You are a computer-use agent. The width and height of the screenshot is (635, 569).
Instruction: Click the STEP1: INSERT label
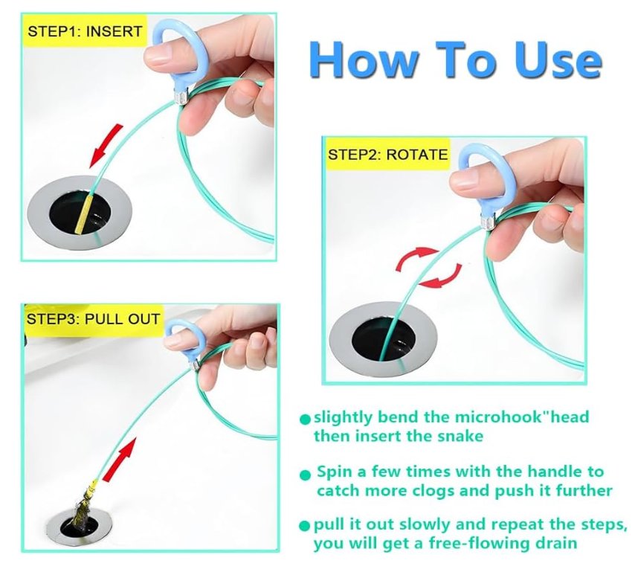point(85,31)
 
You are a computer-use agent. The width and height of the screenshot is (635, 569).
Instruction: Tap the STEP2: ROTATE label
point(387,154)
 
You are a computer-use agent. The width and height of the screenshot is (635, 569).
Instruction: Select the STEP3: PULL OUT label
point(93,319)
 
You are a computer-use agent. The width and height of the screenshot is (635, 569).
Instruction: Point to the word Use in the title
point(558,60)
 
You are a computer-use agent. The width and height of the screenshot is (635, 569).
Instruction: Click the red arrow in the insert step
point(105,147)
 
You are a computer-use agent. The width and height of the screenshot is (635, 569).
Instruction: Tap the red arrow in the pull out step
point(120,460)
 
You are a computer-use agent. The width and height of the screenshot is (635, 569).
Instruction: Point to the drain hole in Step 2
point(384,339)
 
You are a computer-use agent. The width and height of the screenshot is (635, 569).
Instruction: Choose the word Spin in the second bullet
point(335,472)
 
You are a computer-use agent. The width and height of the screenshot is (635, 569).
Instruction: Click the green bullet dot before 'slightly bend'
point(305,419)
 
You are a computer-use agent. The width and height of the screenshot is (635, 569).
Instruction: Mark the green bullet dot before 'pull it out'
point(304,526)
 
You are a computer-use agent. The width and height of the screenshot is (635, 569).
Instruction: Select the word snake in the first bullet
point(461,436)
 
